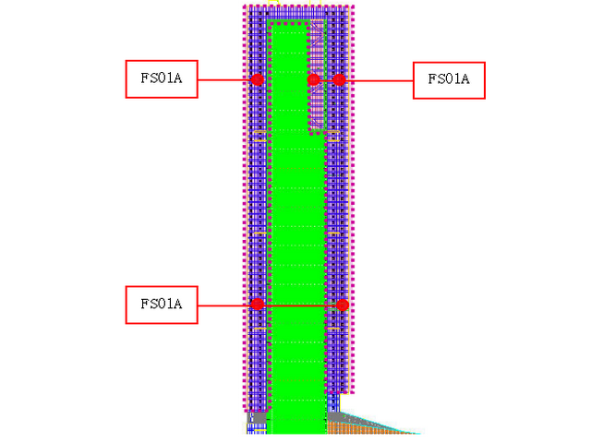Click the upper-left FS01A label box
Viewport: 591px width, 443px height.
coord(162,79)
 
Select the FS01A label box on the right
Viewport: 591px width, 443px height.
coord(449,80)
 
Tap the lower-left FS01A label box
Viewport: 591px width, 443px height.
coord(162,305)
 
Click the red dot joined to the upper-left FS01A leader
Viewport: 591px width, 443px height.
coord(258,80)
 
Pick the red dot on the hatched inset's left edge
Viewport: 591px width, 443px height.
coord(314,80)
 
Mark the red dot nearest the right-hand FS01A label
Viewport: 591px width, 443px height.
coord(339,80)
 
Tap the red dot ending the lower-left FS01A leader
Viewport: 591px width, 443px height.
coord(258,305)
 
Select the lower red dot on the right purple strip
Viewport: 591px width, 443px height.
coord(343,305)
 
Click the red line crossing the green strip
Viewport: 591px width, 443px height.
coord(300,305)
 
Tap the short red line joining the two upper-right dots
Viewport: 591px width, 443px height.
coord(326,80)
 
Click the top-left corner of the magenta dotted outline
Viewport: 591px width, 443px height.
coord(246,8)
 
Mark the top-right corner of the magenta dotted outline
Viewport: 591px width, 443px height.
coord(352,8)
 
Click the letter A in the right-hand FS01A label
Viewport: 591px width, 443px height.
coord(465,80)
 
